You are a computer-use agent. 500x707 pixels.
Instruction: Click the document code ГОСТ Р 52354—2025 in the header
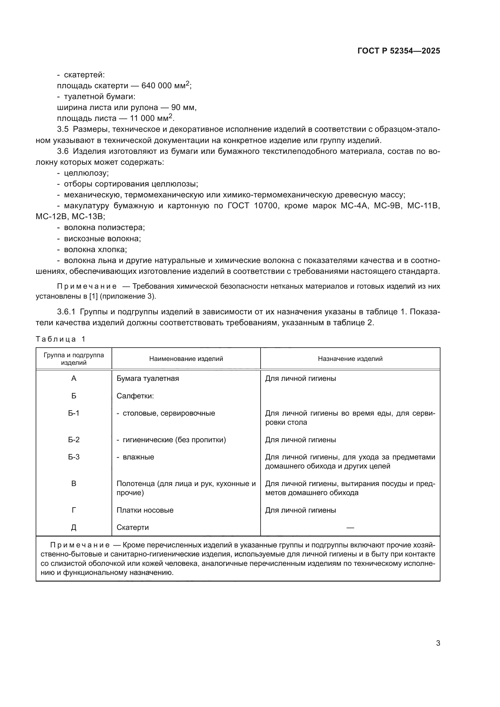click(399, 51)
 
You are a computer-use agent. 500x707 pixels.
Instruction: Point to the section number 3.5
click(63, 129)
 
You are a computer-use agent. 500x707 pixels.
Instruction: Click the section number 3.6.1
click(66, 312)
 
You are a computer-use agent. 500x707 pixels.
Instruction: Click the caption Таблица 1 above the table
click(60, 339)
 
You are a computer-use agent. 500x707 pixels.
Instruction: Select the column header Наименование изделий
click(186, 359)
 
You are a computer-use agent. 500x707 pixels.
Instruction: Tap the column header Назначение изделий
click(350, 359)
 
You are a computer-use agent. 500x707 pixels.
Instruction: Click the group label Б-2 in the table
click(73, 440)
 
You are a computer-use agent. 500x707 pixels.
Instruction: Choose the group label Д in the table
click(73, 527)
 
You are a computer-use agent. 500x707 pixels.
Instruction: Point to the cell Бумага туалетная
click(148, 378)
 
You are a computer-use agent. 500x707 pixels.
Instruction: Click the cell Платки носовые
click(145, 510)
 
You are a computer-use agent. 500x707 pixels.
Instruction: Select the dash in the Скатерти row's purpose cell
click(350, 528)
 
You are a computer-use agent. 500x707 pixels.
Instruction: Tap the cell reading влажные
click(138, 457)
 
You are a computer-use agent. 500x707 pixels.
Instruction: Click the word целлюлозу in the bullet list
click(86, 173)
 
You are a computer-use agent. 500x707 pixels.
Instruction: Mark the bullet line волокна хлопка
click(96, 249)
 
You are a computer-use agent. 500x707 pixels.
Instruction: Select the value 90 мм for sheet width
click(183, 108)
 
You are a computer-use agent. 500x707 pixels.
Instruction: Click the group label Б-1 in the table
click(73, 413)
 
